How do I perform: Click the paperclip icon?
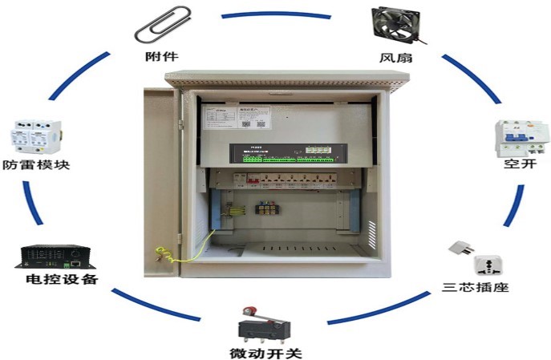[163, 26]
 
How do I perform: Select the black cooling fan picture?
[395, 26]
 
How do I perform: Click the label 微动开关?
[257, 352]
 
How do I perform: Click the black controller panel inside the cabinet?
[286, 152]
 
